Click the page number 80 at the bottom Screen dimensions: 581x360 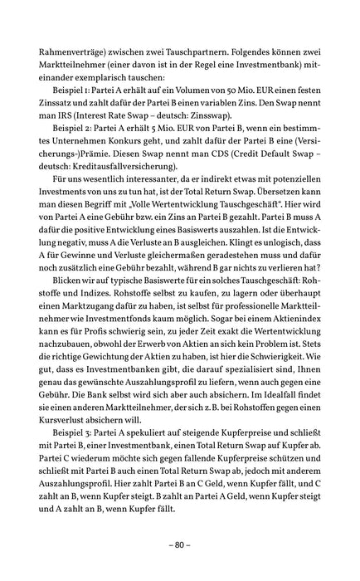pyautogui.click(x=180, y=545)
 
